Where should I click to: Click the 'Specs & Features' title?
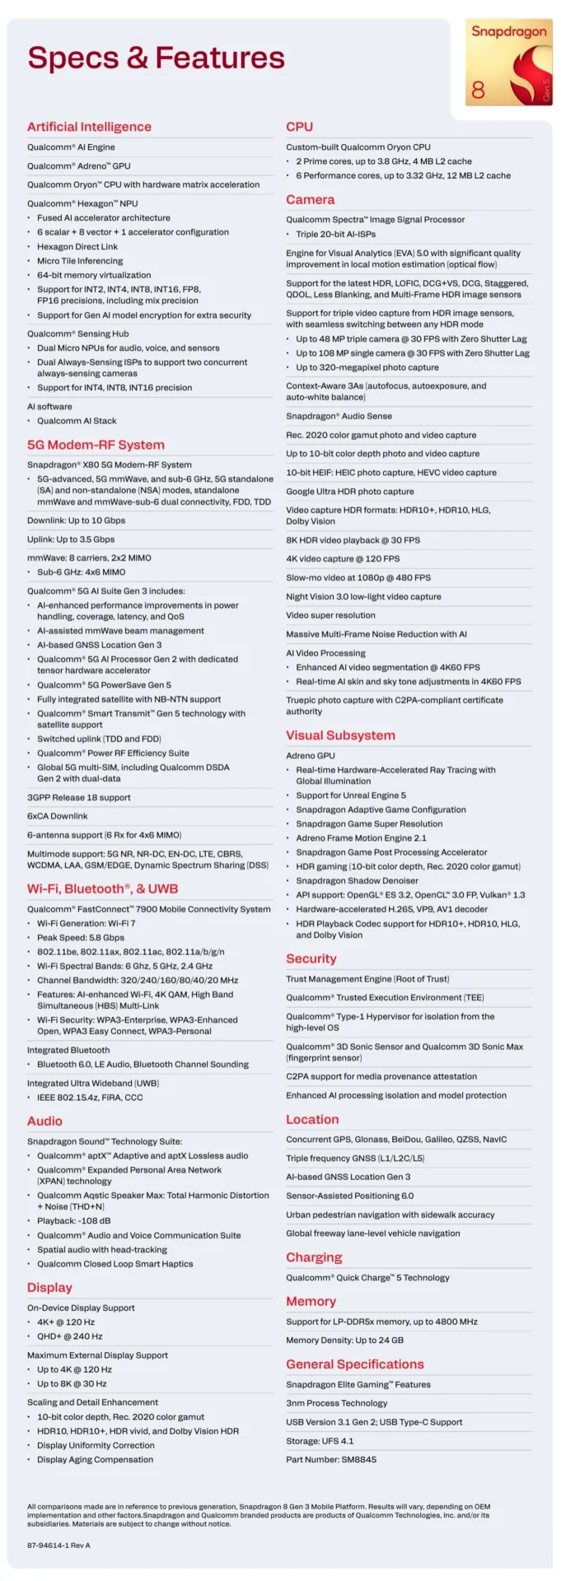click(x=156, y=58)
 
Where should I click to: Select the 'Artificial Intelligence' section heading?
click(x=89, y=127)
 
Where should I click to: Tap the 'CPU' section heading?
click(x=299, y=127)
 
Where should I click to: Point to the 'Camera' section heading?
click(x=310, y=199)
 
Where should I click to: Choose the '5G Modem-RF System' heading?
click(x=96, y=445)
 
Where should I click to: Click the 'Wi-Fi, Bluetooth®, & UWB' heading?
click(x=102, y=888)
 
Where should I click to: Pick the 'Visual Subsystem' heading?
click(x=340, y=735)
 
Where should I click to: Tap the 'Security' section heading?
click(x=311, y=958)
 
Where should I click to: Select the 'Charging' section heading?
click(x=314, y=1257)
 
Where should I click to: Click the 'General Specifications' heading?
click(x=355, y=1364)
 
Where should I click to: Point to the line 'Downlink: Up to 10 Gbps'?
click(x=76, y=520)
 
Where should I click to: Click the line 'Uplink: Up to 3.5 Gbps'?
click(x=71, y=539)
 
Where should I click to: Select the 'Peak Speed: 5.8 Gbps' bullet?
click(x=81, y=937)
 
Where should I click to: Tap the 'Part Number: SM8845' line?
click(x=331, y=1459)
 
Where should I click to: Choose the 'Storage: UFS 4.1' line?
click(x=320, y=1441)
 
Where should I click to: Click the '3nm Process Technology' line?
click(x=336, y=1403)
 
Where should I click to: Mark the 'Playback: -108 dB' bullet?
click(x=73, y=1221)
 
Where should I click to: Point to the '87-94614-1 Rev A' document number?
click(x=58, y=1546)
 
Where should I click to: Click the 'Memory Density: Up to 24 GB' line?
click(x=344, y=1340)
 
